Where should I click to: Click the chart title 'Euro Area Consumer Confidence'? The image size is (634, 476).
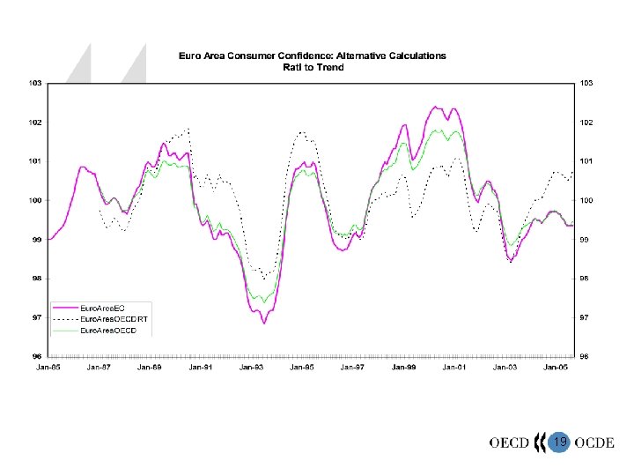coord(312,56)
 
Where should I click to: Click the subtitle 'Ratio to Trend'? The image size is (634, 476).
coord(312,66)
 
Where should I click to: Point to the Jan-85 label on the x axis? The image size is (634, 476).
coord(48,366)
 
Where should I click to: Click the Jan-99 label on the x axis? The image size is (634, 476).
coord(403,366)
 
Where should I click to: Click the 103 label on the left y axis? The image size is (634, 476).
coord(32,83)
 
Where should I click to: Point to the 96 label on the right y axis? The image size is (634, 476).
coord(584,356)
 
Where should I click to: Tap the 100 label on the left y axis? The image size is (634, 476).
coord(32,200)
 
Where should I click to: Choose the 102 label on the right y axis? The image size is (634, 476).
coord(584,122)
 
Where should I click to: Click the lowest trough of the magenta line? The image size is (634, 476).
coord(263,324)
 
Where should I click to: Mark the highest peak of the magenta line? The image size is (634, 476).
coord(436,107)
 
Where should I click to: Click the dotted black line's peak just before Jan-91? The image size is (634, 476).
coord(188,129)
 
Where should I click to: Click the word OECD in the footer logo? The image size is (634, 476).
coord(509,441)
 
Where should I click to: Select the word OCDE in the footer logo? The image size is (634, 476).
coord(593,441)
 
